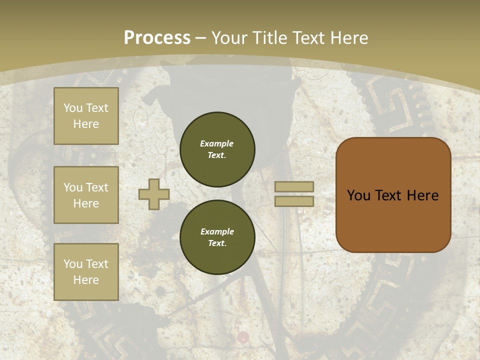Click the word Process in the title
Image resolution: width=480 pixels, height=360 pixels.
(157, 37)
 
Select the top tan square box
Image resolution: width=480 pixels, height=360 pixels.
(86, 116)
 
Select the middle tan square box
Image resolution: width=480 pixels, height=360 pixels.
(86, 195)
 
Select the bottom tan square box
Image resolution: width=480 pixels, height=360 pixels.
(86, 271)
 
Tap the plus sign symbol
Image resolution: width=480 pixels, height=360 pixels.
(154, 194)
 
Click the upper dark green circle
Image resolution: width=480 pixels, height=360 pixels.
(217, 149)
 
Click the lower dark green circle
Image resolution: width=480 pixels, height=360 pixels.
(217, 237)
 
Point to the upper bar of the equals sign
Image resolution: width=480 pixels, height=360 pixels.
(294, 186)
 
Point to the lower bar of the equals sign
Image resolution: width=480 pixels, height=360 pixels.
(294, 201)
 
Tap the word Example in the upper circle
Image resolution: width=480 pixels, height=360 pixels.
(217, 143)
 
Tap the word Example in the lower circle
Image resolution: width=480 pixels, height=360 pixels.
(217, 231)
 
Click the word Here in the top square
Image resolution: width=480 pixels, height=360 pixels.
(86, 124)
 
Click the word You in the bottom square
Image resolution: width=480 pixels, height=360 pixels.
(73, 263)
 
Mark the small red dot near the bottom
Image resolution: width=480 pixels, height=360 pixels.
(243, 336)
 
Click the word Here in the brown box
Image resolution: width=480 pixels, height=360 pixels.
(423, 195)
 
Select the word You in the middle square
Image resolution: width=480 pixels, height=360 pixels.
(73, 187)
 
